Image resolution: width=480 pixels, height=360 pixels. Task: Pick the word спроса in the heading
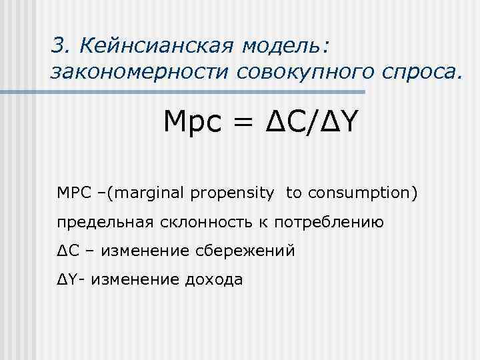tap(419, 72)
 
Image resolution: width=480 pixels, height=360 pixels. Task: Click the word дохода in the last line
tap(211, 280)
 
